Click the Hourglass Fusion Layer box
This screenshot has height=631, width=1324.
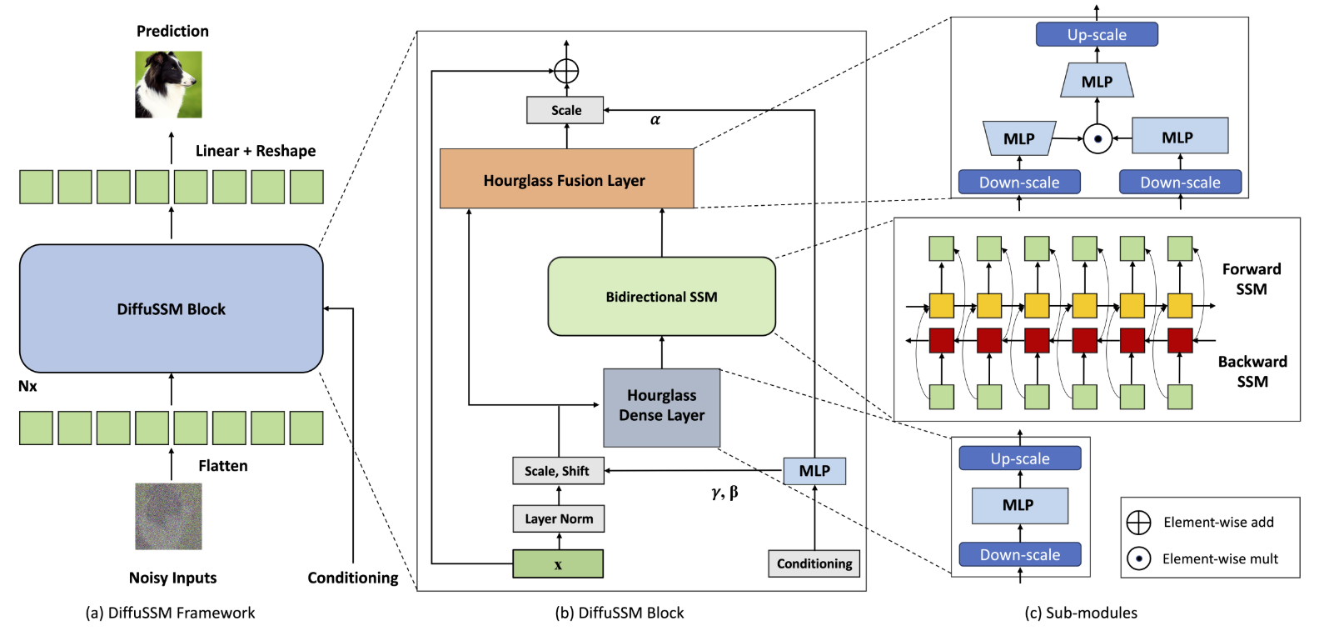[x=566, y=178]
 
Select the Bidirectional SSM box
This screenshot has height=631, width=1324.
[x=661, y=296]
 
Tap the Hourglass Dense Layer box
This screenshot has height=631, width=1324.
[x=661, y=408]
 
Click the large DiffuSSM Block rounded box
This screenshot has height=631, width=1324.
[x=171, y=308]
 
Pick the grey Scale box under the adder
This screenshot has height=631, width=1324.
[x=565, y=110]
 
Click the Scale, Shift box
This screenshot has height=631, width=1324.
[x=558, y=471]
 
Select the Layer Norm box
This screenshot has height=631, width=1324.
[x=558, y=518]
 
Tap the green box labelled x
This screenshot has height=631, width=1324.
[x=558, y=563]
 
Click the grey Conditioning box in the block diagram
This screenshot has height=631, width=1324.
[x=814, y=563]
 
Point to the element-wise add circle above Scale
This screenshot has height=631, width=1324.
[x=566, y=71]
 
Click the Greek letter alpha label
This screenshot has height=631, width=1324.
[x=655, y=120]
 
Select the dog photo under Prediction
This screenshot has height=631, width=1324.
[x=168, y=84]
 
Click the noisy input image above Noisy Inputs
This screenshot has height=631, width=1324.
[x=168, y=516]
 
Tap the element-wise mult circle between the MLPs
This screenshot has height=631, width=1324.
[x=1098, y=139]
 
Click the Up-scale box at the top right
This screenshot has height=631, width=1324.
[x=1097, y=34]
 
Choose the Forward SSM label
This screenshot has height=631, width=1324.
[x=1252, y=278]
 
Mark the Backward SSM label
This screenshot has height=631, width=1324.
[x=1252, y=371]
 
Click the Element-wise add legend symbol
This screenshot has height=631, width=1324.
[x=1138, y=522]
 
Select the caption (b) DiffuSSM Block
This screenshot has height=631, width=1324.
[x=620, y=613]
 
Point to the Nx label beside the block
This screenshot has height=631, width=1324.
[x=27, y=386]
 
